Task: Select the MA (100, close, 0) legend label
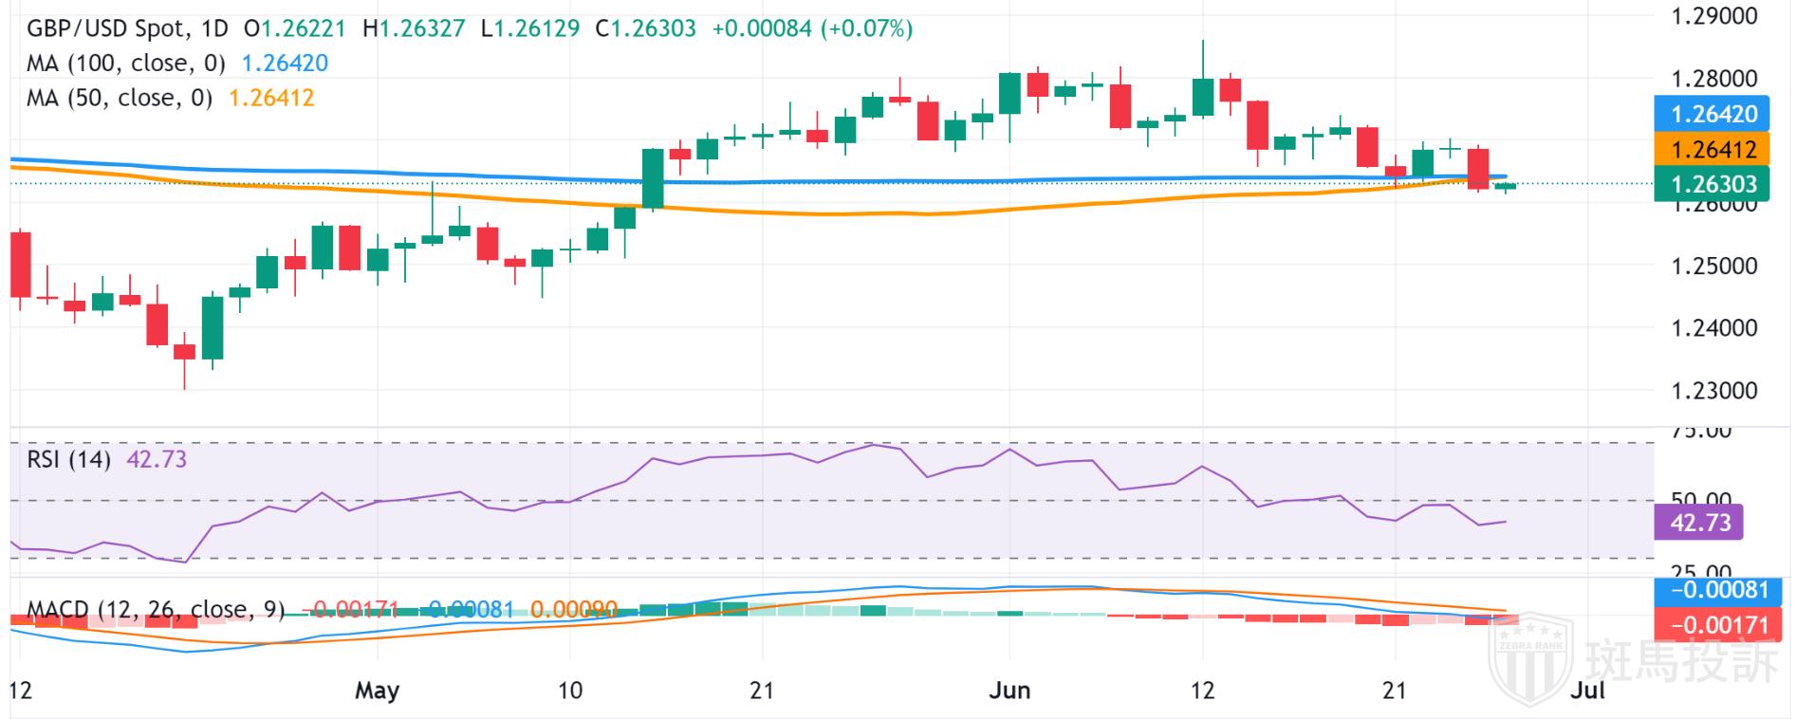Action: click(x=125, y=64)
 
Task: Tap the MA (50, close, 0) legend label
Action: click(x=119, y=99)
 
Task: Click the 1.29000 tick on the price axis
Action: click(x=1713, y=16)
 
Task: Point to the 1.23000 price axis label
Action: click(x=1713, y=391)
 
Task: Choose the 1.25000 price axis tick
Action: click(x=1713, y=266)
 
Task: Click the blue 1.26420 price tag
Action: click(x=1713, y=114)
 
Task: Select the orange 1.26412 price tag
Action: click(x=1713, y=149)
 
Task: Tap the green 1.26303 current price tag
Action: click(x=1713, y=184)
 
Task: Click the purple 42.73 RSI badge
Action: click(x=1699, y=523)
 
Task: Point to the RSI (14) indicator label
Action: click(x=68, y=460)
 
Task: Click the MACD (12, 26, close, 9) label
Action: click(x=156, y=609)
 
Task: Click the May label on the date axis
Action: click(x=377, y=691)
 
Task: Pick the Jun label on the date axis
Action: click(x=1009, y=691)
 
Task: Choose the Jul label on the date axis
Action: click(x=1587, y=691)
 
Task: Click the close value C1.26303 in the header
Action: click(x=645, y=28)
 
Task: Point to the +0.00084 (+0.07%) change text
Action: click(x=811, y=28)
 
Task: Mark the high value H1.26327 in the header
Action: click(x=414, y=28)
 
